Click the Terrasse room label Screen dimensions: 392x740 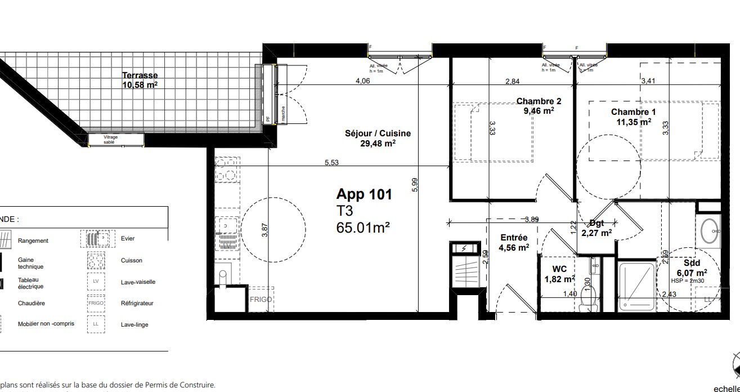140,75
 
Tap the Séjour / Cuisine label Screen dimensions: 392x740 378,133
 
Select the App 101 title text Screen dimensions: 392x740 364,195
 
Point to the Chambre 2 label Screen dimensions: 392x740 539,101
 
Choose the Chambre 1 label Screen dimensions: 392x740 633,112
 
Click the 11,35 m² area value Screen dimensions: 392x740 631,121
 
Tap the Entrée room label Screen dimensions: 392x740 514,238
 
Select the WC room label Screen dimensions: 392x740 559,269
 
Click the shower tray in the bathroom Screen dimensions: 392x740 637,287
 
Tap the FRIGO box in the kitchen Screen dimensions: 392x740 261,300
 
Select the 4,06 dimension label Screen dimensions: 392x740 363,81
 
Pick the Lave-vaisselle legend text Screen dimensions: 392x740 138,282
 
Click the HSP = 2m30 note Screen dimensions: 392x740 689,281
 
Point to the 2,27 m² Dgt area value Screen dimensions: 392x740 597,233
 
